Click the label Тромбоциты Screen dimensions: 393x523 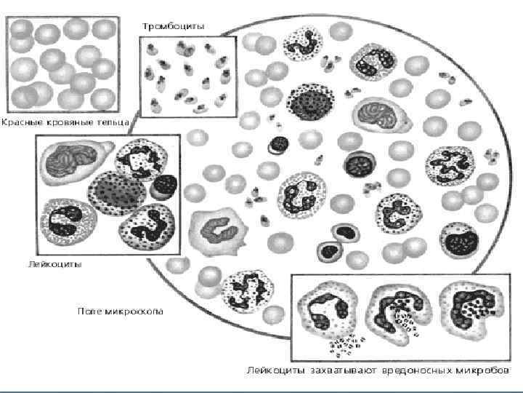(173, 25)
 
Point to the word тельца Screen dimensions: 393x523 (113, 123)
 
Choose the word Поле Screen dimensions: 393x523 (91, 311)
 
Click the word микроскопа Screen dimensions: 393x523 (135, 311)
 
